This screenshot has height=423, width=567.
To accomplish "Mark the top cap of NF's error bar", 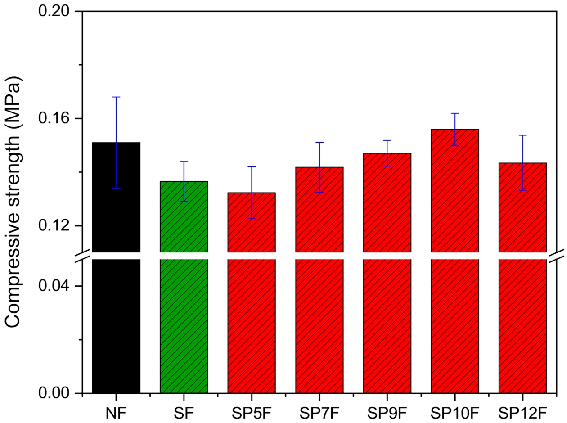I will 116,97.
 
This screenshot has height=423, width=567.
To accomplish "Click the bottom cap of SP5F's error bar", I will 252,219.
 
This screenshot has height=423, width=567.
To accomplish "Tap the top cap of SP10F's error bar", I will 454,113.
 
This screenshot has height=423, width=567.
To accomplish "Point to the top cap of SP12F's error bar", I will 522,135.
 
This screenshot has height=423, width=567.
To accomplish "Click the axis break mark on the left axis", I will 82,256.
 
